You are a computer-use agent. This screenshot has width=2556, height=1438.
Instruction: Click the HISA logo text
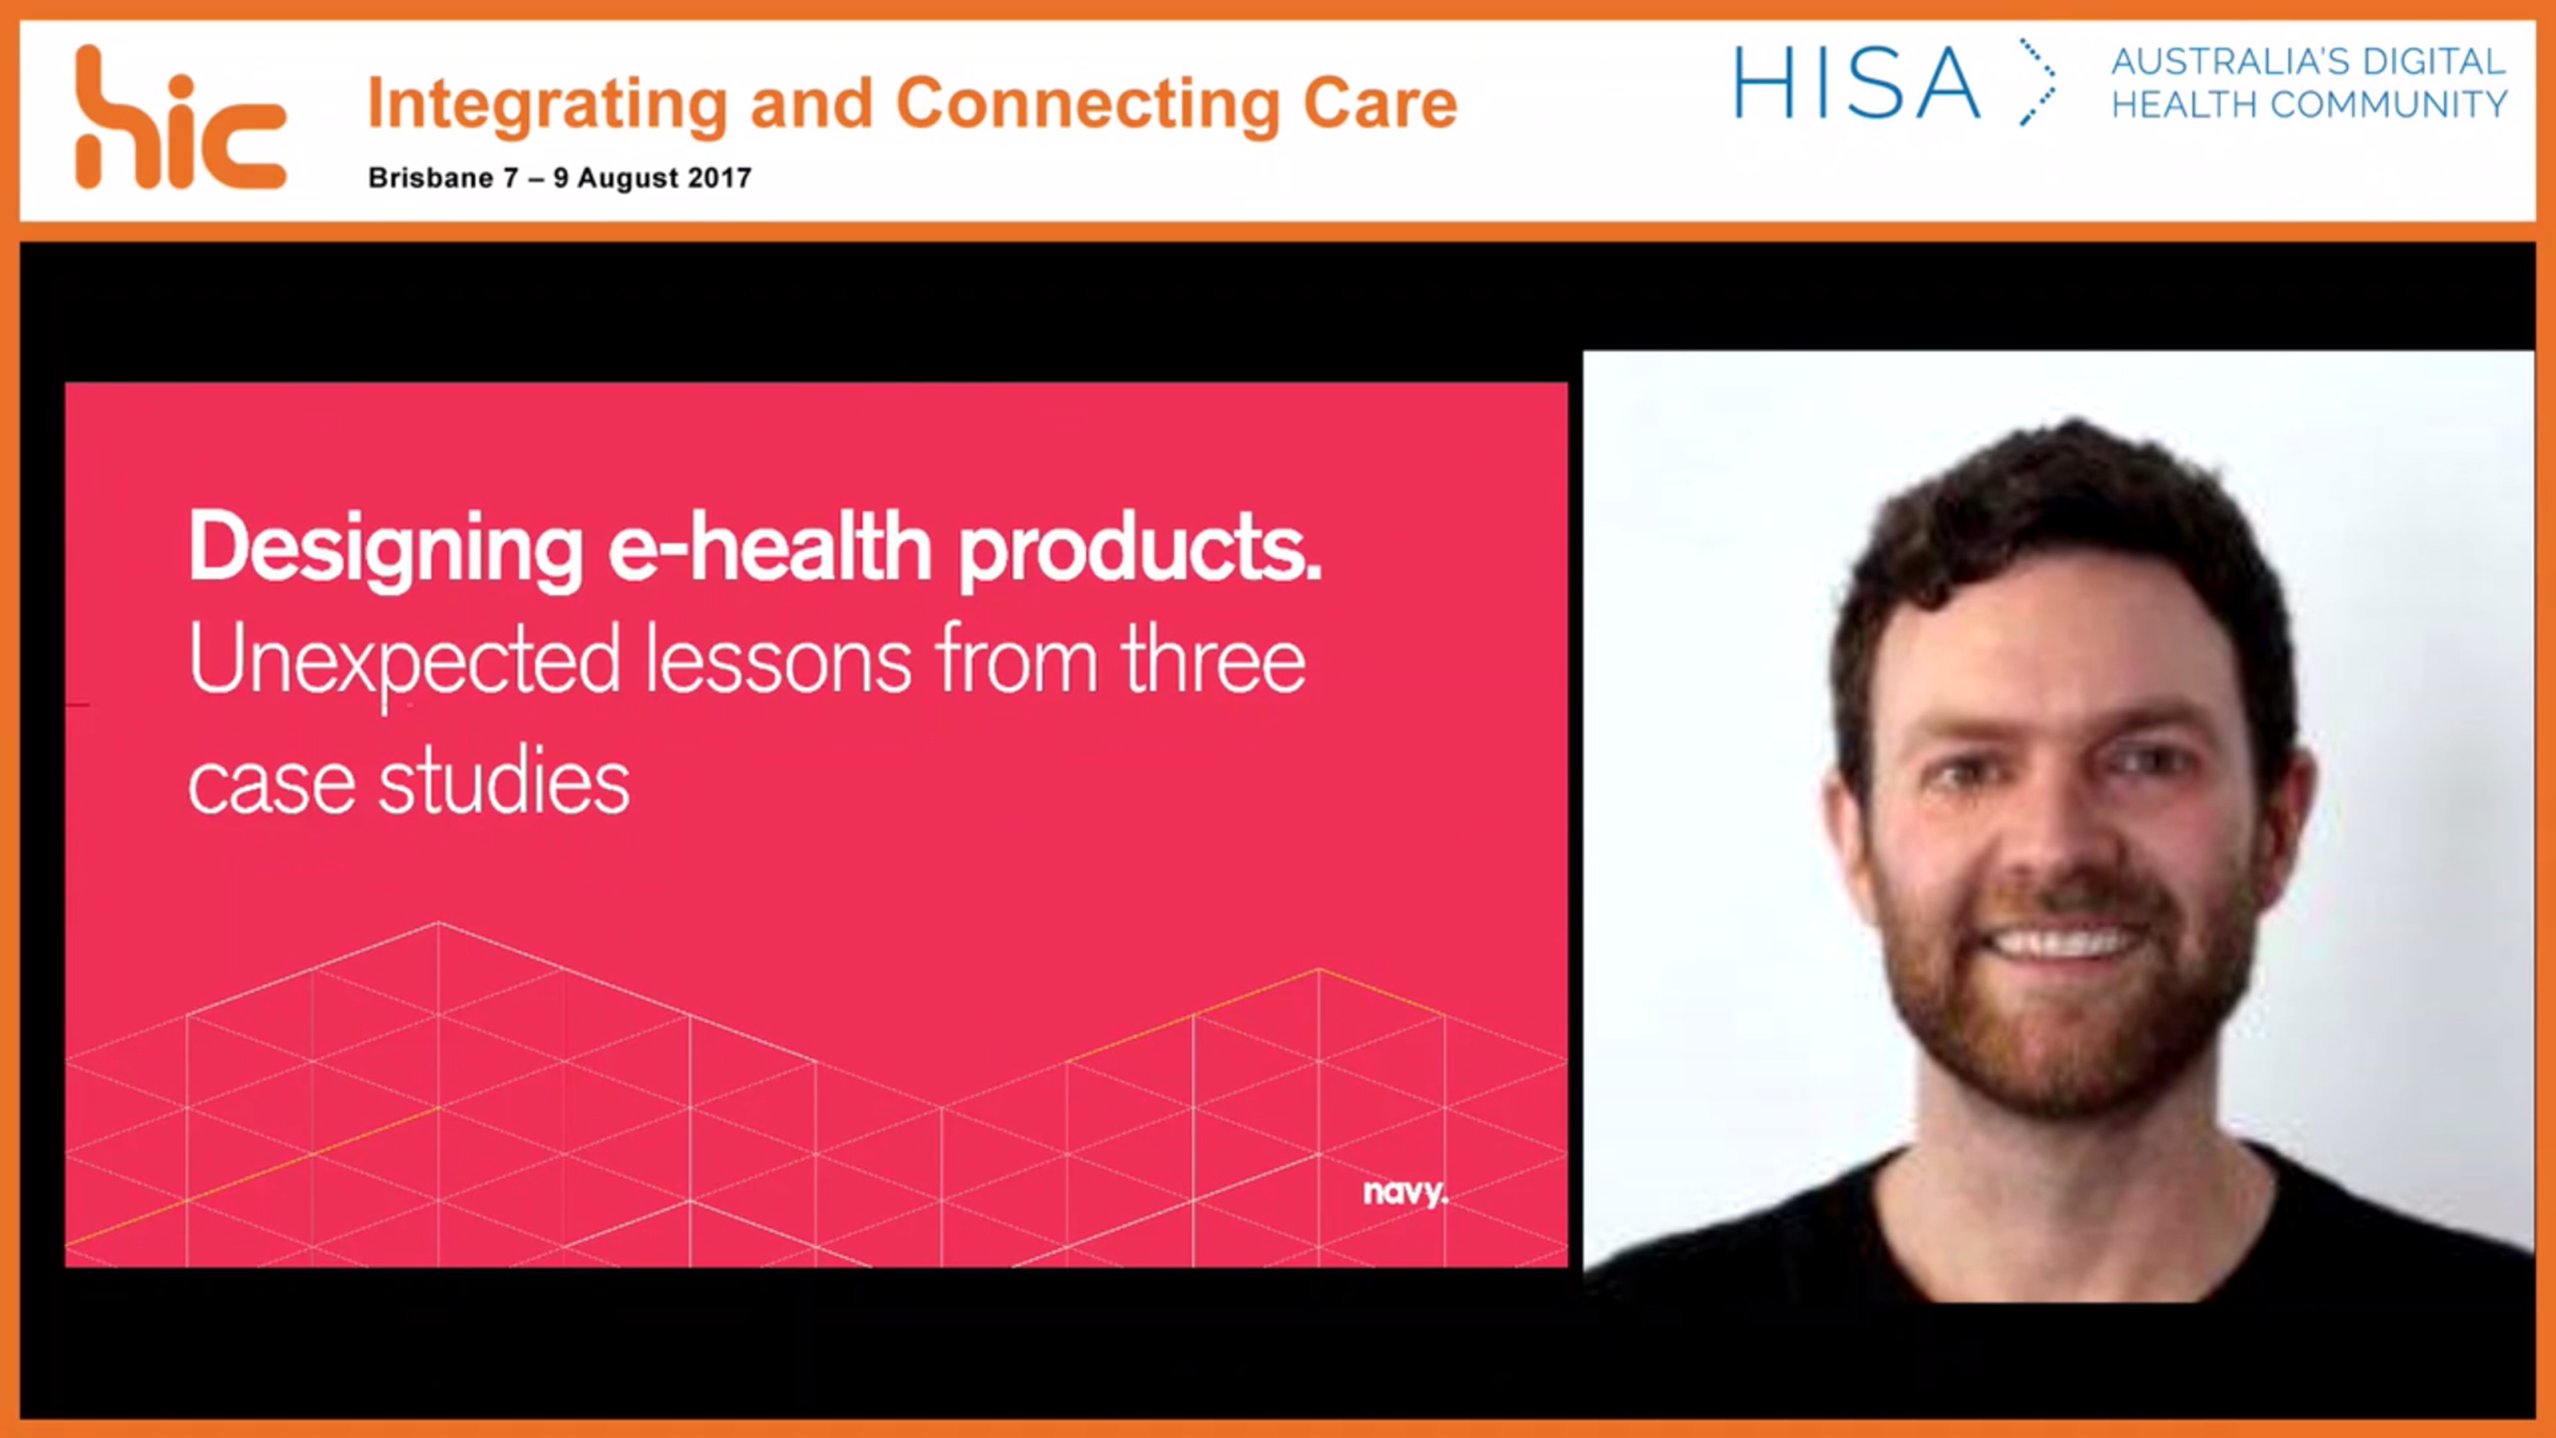click(x=1856, y=84)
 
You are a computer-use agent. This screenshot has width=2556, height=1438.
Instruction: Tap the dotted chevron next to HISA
click(x=2036, y=83)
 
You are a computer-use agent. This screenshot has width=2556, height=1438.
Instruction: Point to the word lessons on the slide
click(x=778, y=661)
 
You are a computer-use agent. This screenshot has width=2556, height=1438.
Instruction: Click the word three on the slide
click(x=1213, y=661)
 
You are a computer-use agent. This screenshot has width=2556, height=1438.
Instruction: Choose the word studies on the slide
click(x=504, y=783)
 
